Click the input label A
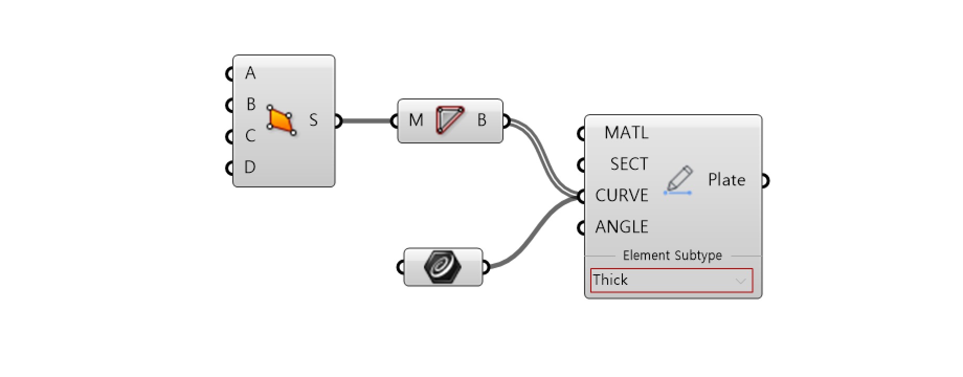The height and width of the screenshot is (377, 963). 250,73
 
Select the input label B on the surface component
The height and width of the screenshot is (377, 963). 251,105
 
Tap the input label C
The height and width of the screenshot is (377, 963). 250,136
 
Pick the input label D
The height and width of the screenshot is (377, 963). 250,168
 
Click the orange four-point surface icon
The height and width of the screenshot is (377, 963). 282,120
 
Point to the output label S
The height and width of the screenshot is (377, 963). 313,120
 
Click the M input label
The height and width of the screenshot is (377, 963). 416,120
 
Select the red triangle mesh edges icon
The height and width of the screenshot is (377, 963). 450,120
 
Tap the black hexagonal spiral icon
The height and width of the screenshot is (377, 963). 443,267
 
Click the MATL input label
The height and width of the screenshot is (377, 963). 626,133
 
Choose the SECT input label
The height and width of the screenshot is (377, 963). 629,164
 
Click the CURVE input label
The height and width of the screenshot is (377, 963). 622,196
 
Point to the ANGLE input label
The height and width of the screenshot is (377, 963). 622,227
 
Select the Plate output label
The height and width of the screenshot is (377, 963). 726,180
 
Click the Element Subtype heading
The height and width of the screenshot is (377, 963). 673,256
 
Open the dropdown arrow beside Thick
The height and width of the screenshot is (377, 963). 741,281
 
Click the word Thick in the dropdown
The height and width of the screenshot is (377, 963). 610,280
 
